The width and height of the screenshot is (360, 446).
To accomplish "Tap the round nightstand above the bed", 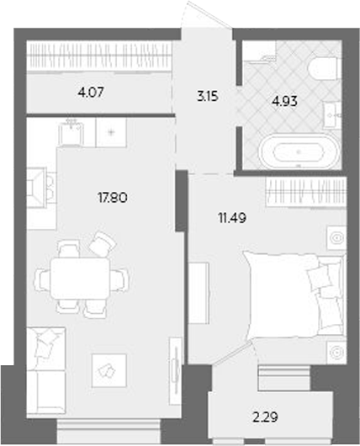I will coord(336,239).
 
